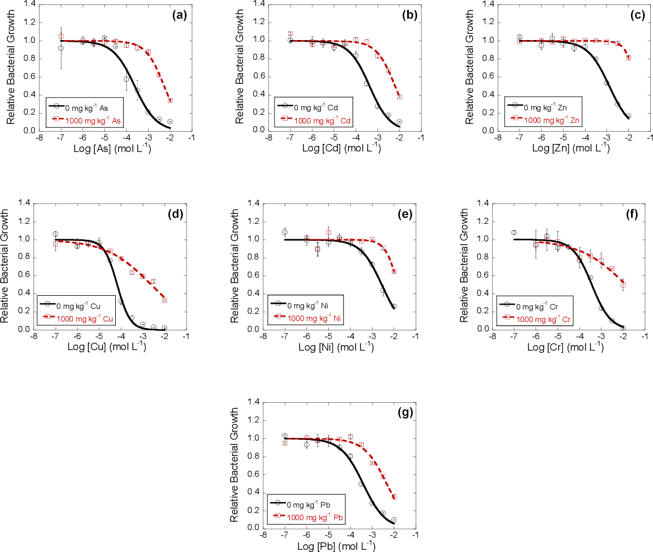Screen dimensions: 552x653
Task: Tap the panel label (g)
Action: click(405, 413)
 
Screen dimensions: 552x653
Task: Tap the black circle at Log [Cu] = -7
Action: click(55, 234)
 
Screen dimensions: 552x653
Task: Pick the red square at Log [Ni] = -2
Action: click(394, 271)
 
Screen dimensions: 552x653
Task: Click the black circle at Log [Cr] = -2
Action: click(623, 328)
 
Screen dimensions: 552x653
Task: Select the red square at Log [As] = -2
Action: click(170, 100)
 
